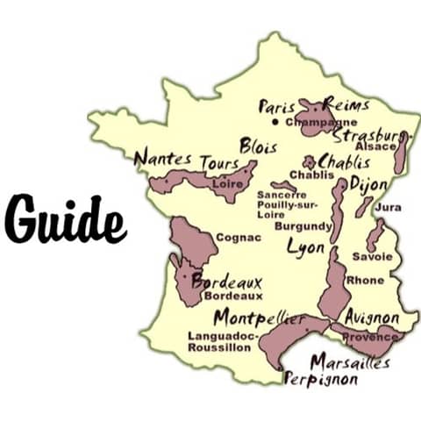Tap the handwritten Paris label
coord(277,106)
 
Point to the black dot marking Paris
coord(275,122)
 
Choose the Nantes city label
coord(163,159)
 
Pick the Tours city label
coord(219,163)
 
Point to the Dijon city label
coord(367,184)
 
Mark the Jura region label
coord(388,208)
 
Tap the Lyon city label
coord(306,247)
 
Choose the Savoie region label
coord(371,257)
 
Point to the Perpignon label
coord(322,380)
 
